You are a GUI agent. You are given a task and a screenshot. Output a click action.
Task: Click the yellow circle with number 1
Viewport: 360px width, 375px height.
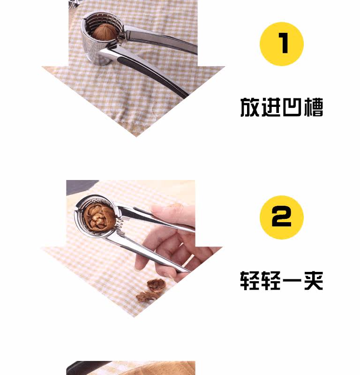pos(282,44)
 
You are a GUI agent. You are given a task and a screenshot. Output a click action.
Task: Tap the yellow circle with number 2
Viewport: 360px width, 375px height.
pos(282,217)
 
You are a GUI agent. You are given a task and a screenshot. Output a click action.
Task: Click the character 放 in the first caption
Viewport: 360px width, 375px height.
pos(250,107)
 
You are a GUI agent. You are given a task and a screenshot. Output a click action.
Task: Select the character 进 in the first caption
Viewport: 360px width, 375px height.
pos(271,107)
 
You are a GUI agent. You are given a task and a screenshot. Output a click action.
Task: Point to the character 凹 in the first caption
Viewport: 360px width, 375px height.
pos(292,107)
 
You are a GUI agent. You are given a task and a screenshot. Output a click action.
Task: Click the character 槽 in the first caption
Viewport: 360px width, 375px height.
pos(313,107)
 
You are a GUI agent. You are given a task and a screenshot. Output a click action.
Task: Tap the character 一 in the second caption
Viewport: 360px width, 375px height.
pos(292,280)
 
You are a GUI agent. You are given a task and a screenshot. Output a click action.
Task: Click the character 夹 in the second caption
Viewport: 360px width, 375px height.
pos(313,280)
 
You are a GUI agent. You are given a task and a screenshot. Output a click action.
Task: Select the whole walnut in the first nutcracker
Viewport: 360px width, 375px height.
pos(104,31)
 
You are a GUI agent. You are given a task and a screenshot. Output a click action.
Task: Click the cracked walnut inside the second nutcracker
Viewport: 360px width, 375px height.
pos(99,217)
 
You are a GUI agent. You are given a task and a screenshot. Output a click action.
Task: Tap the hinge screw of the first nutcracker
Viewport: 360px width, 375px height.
pos(122,37)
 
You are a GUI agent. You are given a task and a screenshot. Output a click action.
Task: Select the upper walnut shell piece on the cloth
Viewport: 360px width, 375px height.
pos(156,285)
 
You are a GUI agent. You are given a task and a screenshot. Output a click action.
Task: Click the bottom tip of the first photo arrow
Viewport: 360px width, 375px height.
pos(136,136)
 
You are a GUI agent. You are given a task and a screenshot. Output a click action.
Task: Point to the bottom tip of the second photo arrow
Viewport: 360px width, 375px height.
pos(134,317)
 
